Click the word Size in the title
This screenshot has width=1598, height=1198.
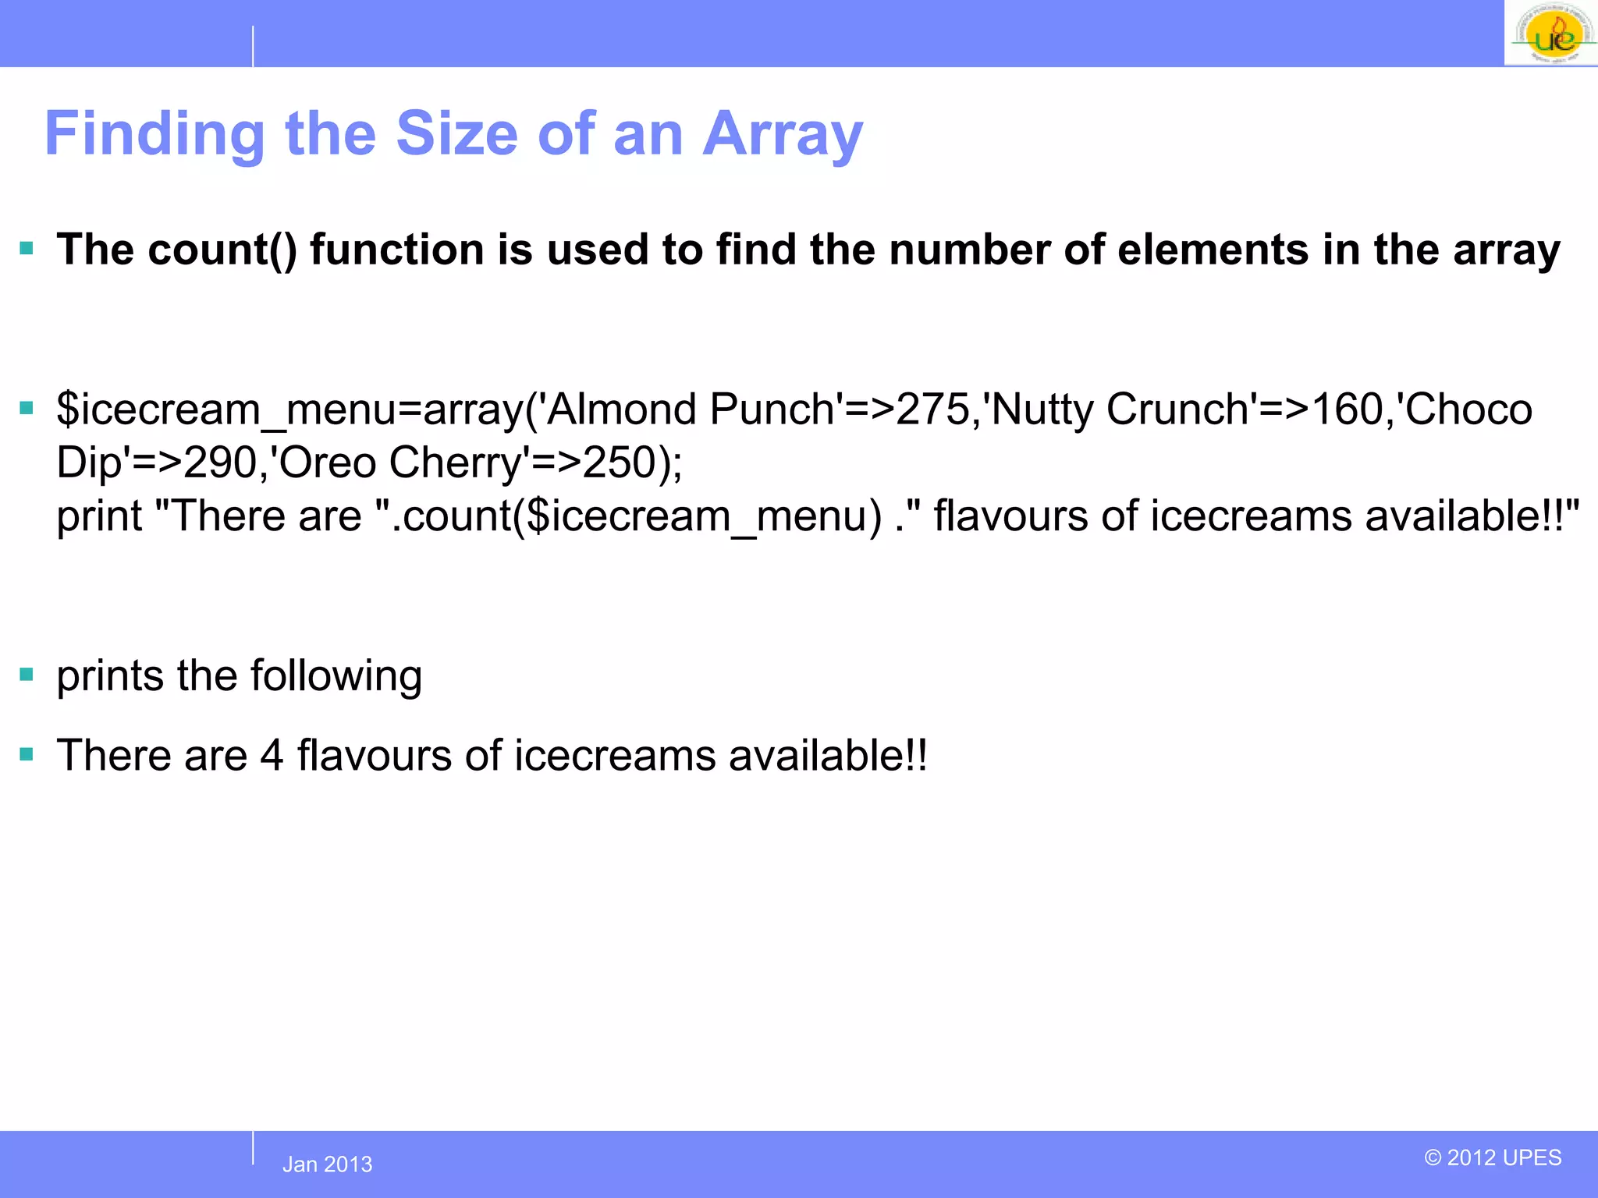[x=456, y=134]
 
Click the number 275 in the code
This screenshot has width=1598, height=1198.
[x=932, y=409]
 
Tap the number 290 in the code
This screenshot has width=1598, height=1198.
[x=220, y=463]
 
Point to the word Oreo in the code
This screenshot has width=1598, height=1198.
[x=328, y=463]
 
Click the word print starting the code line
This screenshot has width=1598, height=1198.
[x=99, y=517]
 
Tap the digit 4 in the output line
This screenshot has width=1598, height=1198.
[x=272, y=756]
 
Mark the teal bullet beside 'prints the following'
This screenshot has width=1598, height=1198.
[x=27, y=675]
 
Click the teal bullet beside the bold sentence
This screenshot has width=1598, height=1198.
[x=27, y=250]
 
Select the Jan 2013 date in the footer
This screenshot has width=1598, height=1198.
[x=327, y=1164]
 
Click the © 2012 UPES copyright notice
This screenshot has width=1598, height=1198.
[x=1493, y=1157]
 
